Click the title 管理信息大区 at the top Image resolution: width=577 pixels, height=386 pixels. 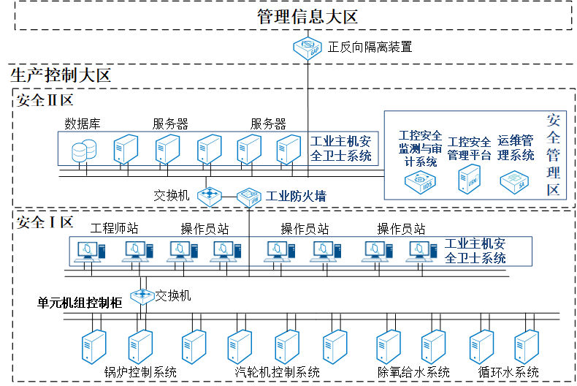(307, 17)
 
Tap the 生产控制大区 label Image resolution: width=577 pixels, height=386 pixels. (60, 75)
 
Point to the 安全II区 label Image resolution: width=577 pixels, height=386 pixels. (45, 100)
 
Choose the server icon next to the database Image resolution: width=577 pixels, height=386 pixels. (126, 148)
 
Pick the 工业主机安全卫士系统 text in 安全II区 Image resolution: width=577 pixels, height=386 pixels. (341, 148)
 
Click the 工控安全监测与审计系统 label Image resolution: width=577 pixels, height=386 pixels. (420, 148)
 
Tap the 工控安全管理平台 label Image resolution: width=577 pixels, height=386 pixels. (470, 148)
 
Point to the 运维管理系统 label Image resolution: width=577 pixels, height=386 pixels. (516, 148)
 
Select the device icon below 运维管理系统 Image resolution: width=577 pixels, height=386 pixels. (515, 181)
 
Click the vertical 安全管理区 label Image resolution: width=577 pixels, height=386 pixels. (554, 154)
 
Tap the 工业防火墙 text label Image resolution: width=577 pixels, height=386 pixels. (296, 196)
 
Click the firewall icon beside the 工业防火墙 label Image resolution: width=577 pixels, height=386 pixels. (249, 196)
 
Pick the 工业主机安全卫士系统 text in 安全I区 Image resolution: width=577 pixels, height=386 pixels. (475, 251)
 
